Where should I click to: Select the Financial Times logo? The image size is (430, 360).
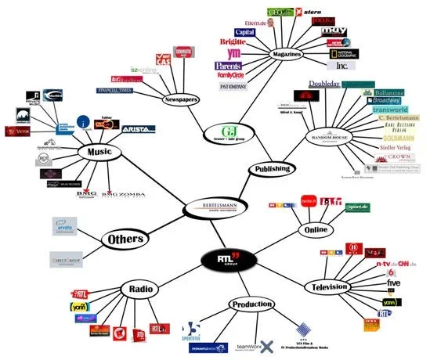(x=116, y=91)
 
